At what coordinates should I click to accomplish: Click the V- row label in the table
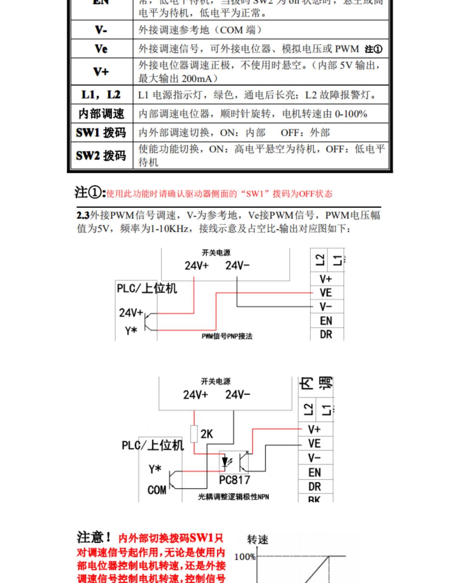coord(101,30)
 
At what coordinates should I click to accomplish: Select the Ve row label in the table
coord(101,49)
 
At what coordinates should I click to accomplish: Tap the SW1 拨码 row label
coord(101,132)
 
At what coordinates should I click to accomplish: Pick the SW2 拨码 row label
coord(101,155)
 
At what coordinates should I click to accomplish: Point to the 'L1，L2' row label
coord(101,95)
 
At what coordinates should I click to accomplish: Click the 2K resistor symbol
coord(194,434)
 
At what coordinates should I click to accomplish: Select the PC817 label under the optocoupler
coord(234,480)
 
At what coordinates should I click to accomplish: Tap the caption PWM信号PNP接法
coord(227,336)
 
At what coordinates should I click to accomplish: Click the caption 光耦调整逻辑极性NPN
coord(233,497)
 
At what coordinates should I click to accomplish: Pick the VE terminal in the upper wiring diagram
coord(326,293)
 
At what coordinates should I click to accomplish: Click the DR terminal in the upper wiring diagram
coord(326,334)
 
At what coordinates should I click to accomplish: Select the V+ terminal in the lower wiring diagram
coord(314,429)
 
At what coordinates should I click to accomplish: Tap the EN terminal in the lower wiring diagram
coord(314,472)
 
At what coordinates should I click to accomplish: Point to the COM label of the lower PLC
coord(157,490)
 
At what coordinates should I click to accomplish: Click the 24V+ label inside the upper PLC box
coord(131,312)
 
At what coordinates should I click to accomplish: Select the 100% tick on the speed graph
coord(245,557)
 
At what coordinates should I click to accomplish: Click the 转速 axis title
coord(257,540)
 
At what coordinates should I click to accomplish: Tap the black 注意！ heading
coord(94,537)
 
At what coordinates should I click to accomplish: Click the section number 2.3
coord(83,215)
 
